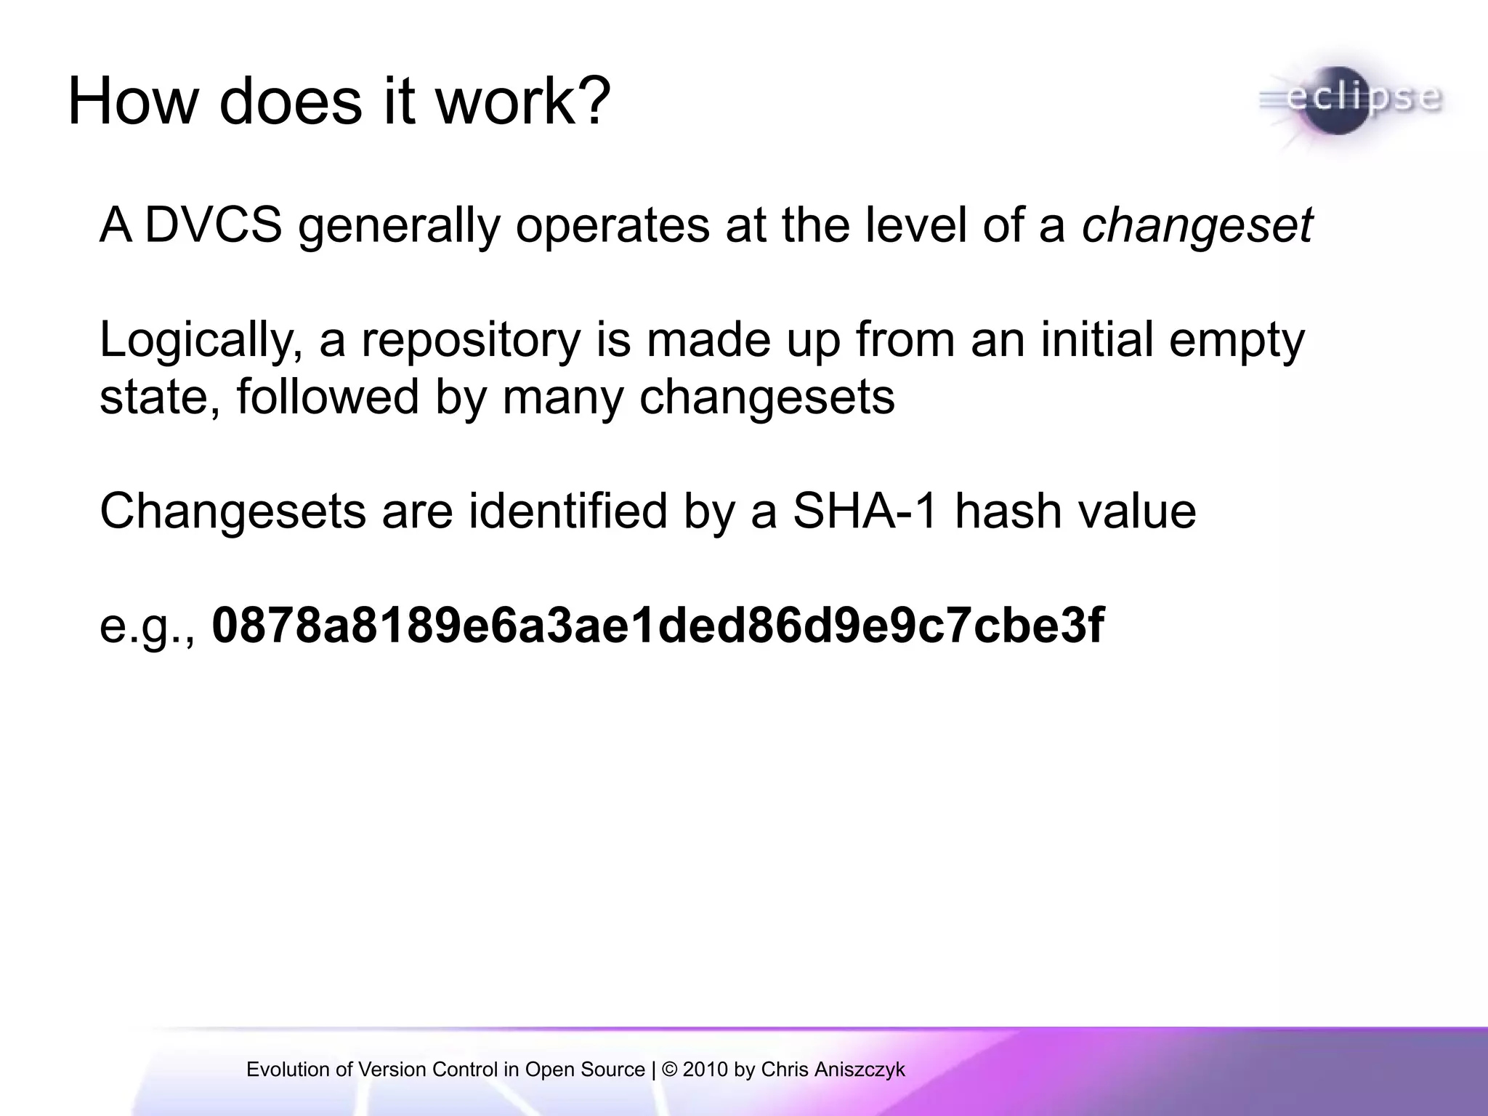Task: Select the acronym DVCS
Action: click(x=213, y=225)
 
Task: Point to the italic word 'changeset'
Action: click(x=1197, y=225)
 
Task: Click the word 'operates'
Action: click(x=612, y=225)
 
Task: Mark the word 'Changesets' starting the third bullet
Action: click(x=232, y=511)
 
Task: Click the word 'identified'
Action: click(x=568, y=511)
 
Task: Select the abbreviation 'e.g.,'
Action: click(x=147, y=626)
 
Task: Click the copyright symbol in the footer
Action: click(x=670, y=1069)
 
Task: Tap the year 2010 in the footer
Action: click(x=705, y=1069)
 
